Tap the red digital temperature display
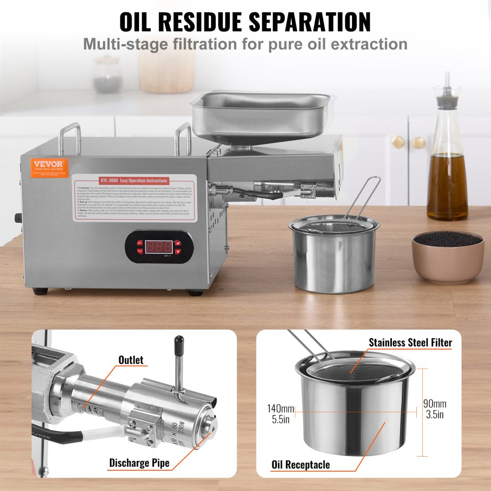tap(158, 246)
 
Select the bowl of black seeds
tap(447, 255)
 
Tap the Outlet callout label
tap(131, 360)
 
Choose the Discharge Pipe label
tap(139, 463)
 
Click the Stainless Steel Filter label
tap(410, 342)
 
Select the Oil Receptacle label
tap(300, 464)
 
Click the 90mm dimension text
tap(435, 404)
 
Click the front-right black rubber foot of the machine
tap(195, 293)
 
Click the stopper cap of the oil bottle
tap(447, 100)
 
